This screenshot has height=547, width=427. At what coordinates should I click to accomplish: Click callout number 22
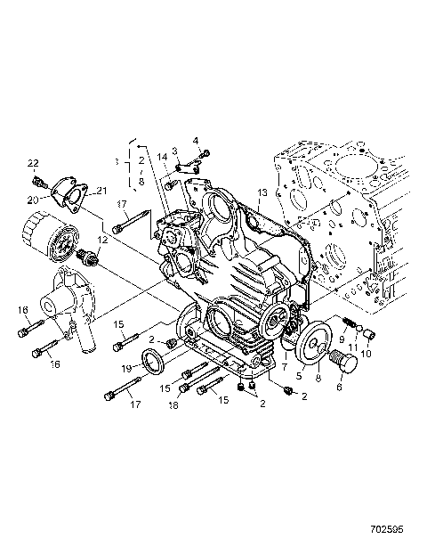(x=34, y=163)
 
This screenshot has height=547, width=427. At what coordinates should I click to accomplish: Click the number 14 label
(x=163, y=158)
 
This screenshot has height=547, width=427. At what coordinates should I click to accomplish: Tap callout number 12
(x=103, y=240)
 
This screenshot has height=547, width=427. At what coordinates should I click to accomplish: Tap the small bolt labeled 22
(x=38, y=181)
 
